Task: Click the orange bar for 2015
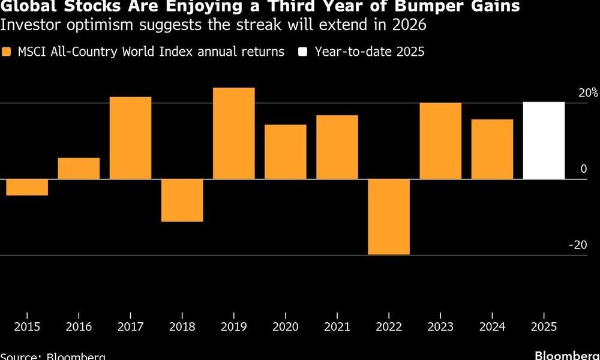[27, 187]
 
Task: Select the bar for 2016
[79, 169]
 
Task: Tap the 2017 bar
[130, 138]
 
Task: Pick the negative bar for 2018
[182, 200]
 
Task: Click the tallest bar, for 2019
[234, 133]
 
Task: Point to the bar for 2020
[286, 152]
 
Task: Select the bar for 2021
[337, 147]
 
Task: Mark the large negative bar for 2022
[389, 217]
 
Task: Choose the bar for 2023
[440, 141]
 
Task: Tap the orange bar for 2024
[492, 149]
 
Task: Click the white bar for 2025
[544, 140]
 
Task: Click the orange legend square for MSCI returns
[7, 52]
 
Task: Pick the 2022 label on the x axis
[389, 328]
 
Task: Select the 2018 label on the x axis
[182, 328]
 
